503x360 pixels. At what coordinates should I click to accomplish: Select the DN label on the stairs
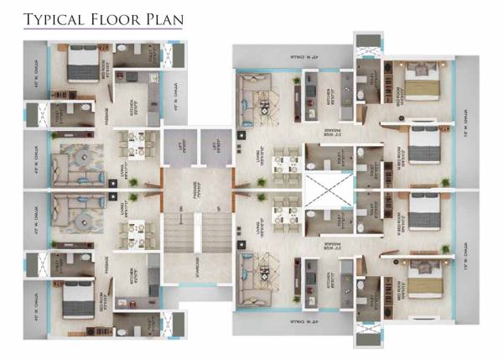(179, 208)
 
